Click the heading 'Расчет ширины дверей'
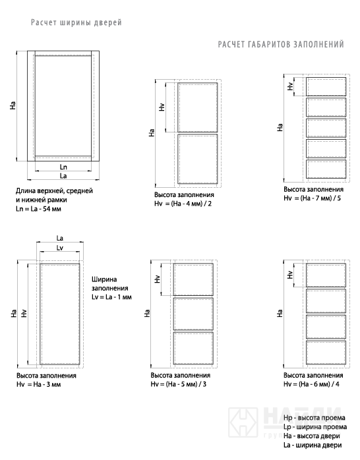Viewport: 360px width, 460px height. (x=76, y=22)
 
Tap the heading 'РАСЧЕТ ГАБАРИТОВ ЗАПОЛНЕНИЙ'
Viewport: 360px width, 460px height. (x=281, y=44)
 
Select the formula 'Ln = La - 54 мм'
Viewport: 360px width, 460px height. (x=38, y=209)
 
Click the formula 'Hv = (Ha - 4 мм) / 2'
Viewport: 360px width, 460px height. (x=183, y=204)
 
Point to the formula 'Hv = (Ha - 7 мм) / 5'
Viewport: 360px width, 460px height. (x=312, y=198)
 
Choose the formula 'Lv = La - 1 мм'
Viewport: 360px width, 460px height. (x=111, y=297)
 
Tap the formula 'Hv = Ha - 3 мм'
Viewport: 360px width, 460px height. (x=38, y=384)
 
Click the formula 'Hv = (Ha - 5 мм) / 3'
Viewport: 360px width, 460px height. (x=179, y=384)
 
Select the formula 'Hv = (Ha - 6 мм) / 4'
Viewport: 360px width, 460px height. (x=311, y=384)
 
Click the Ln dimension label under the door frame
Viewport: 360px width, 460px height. (x=63, y=167)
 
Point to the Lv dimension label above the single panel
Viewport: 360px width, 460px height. (x=59, y=248)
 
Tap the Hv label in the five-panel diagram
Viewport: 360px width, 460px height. (x=290, y=86)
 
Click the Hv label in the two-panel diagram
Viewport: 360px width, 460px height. (x=162, y=107)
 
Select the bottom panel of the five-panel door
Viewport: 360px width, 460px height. (x=326, y=169)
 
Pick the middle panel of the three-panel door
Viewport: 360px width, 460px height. (x=193, y=314)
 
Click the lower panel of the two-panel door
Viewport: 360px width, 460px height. (x=197, y=159)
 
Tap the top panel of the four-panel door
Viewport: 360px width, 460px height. (x=326, y=275)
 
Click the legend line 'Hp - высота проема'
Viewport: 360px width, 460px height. (x=315, y=418)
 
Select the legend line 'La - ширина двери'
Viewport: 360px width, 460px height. (x=313, y=445)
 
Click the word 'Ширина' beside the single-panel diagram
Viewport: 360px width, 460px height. (x=104, y=279)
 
